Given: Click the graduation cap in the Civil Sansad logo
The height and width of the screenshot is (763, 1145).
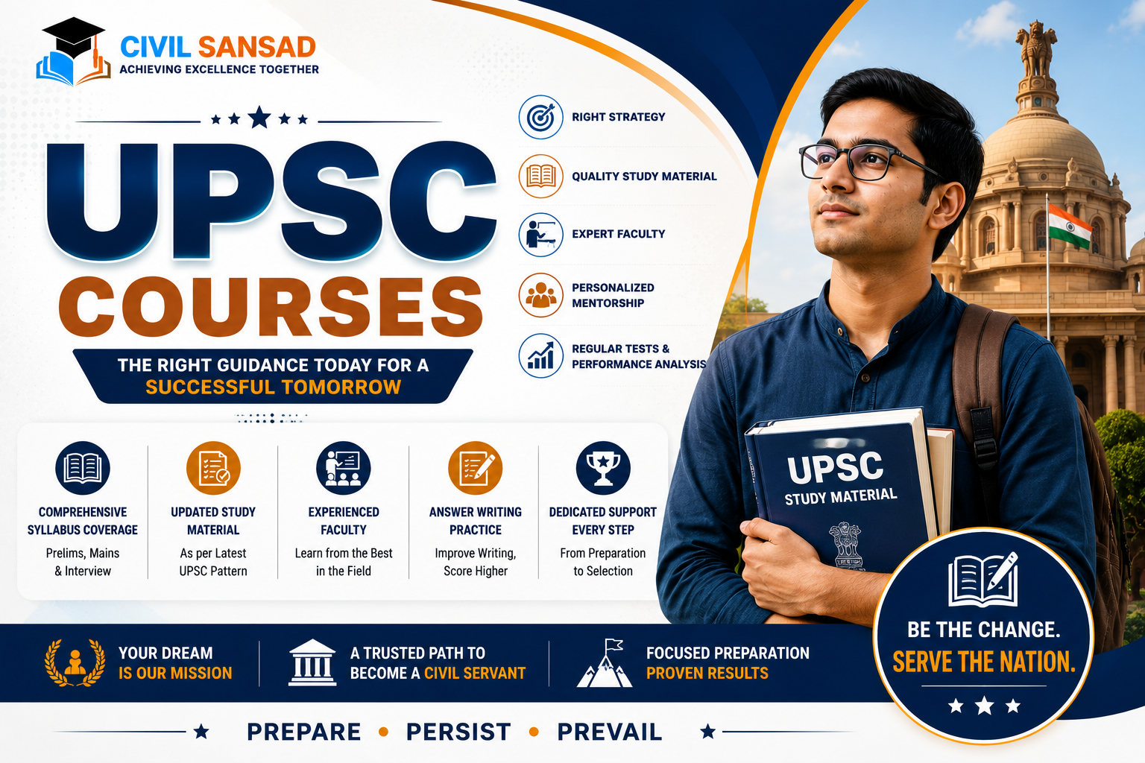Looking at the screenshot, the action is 74,35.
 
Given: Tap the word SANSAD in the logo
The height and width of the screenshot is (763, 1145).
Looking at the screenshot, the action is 256,47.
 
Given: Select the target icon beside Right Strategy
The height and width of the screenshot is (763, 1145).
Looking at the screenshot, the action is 540,117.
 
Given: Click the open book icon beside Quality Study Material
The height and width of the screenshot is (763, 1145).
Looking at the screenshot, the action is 540,177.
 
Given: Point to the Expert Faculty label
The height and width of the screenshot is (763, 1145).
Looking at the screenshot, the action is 619,234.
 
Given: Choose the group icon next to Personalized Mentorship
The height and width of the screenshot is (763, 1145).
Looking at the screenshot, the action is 540,295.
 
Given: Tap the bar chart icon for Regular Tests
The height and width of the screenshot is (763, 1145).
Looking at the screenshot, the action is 540,355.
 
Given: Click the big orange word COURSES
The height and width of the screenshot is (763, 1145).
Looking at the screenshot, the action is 271,307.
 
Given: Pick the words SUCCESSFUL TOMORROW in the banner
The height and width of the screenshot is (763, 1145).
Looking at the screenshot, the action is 273,387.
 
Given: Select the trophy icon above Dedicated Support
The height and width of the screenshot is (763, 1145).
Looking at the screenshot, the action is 603,468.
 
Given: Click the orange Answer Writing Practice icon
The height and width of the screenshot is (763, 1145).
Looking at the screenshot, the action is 476,468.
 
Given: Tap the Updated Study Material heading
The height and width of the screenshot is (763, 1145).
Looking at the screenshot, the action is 213,521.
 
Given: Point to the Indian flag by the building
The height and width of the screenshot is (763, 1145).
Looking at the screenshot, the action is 1070,227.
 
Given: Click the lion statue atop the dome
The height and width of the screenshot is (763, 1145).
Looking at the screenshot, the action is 1036,48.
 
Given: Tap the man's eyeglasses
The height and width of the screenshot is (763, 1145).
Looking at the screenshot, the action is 869,162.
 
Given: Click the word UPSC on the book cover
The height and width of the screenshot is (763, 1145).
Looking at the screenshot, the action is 835,467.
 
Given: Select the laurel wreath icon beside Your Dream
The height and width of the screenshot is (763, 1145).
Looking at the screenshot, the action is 75,662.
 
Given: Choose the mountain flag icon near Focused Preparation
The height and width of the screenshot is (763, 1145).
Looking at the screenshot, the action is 605,663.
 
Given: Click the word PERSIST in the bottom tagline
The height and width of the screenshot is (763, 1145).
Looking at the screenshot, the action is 458,732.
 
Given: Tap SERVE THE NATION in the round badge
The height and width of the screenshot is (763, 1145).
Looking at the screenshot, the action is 984,662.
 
